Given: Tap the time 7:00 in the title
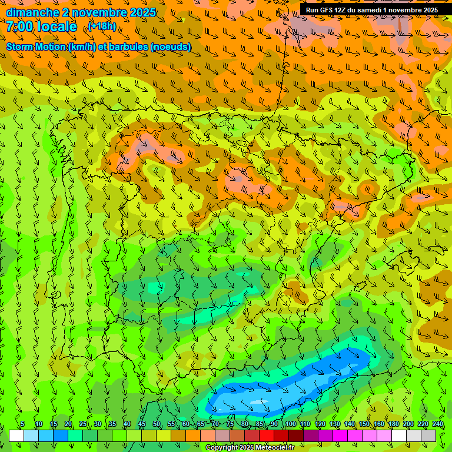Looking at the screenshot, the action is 19,26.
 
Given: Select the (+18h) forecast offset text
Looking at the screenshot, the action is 102,26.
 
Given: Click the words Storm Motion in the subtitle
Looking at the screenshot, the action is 36,46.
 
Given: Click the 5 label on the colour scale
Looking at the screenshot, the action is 22,424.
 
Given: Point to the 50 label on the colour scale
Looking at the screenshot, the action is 157,424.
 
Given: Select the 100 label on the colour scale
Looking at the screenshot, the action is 290,424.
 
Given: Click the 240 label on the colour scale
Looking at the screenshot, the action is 437,424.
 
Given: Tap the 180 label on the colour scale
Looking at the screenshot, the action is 393,424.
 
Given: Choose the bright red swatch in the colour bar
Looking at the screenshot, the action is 267,436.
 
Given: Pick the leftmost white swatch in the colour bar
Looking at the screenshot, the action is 16,436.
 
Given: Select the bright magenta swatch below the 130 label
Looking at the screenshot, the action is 340,436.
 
